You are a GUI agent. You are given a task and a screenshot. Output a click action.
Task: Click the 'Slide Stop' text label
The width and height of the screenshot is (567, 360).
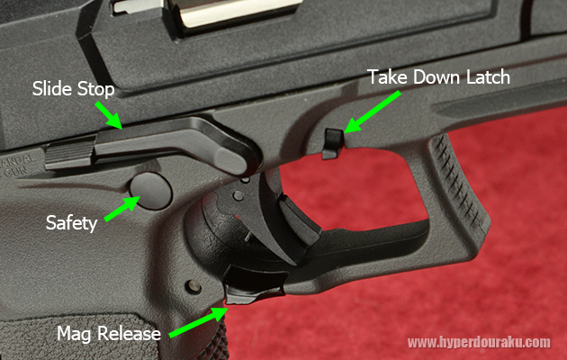tap(74, 89)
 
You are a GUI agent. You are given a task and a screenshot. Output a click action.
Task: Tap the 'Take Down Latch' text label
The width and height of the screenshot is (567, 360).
tap(438, 77)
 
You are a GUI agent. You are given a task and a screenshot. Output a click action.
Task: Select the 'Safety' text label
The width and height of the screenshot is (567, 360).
tap(72, 223)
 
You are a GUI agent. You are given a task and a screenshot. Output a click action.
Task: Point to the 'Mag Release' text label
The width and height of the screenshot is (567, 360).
tap(109, 333)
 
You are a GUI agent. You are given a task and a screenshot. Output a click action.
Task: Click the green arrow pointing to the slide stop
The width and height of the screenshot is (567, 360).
tap(109, 115)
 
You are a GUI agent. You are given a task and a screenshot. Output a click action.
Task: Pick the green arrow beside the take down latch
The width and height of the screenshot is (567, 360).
tap(372, 112)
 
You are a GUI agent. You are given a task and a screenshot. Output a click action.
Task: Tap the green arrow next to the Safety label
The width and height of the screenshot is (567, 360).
tap(122, 209)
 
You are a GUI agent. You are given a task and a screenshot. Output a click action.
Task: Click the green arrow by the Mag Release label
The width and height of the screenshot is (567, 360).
tap(198, 322)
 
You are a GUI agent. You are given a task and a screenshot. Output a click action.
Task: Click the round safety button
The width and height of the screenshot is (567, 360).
tap(151, 191)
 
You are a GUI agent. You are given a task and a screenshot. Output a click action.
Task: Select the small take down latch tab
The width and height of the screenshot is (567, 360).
tap(332, 143)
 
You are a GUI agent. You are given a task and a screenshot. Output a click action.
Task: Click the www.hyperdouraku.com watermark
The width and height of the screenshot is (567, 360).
tap(479, 342)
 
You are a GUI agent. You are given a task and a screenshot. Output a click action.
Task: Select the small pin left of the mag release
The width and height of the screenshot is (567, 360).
tap(193, 286)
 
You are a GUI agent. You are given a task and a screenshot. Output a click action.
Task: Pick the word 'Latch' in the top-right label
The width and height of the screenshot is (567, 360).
tap(488, 77)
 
